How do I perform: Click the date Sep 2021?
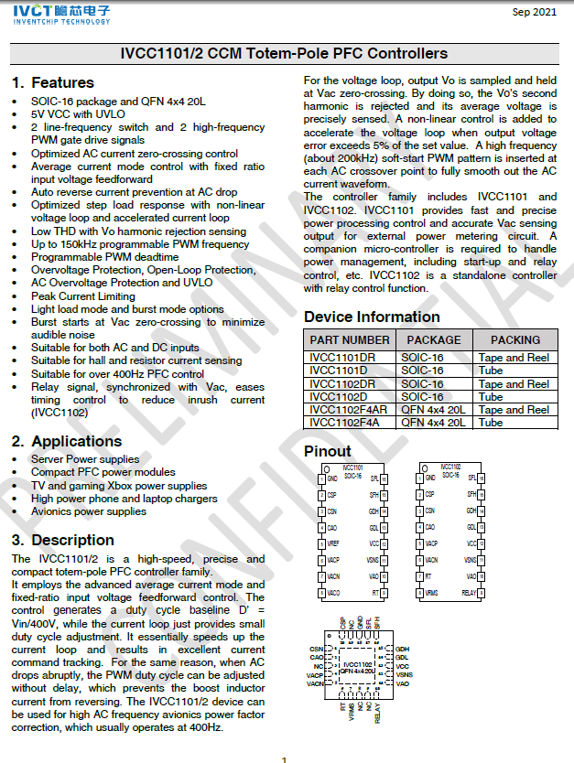coord(534,12)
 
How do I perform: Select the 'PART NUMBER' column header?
coord(349,339)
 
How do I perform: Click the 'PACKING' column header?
coord(515,339)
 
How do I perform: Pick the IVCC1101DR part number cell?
coord(342,357)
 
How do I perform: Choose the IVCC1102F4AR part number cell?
coord(350,409)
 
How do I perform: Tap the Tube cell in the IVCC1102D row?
coord(491,396)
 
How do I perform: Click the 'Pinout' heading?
coord(327,451)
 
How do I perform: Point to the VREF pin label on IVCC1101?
coord(333,543)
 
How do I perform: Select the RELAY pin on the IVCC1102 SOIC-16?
coord(468,592)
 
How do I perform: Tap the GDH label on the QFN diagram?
coord(402,648)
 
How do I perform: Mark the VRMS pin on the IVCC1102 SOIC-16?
coord(431,592)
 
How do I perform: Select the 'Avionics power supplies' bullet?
coord(88,511)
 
